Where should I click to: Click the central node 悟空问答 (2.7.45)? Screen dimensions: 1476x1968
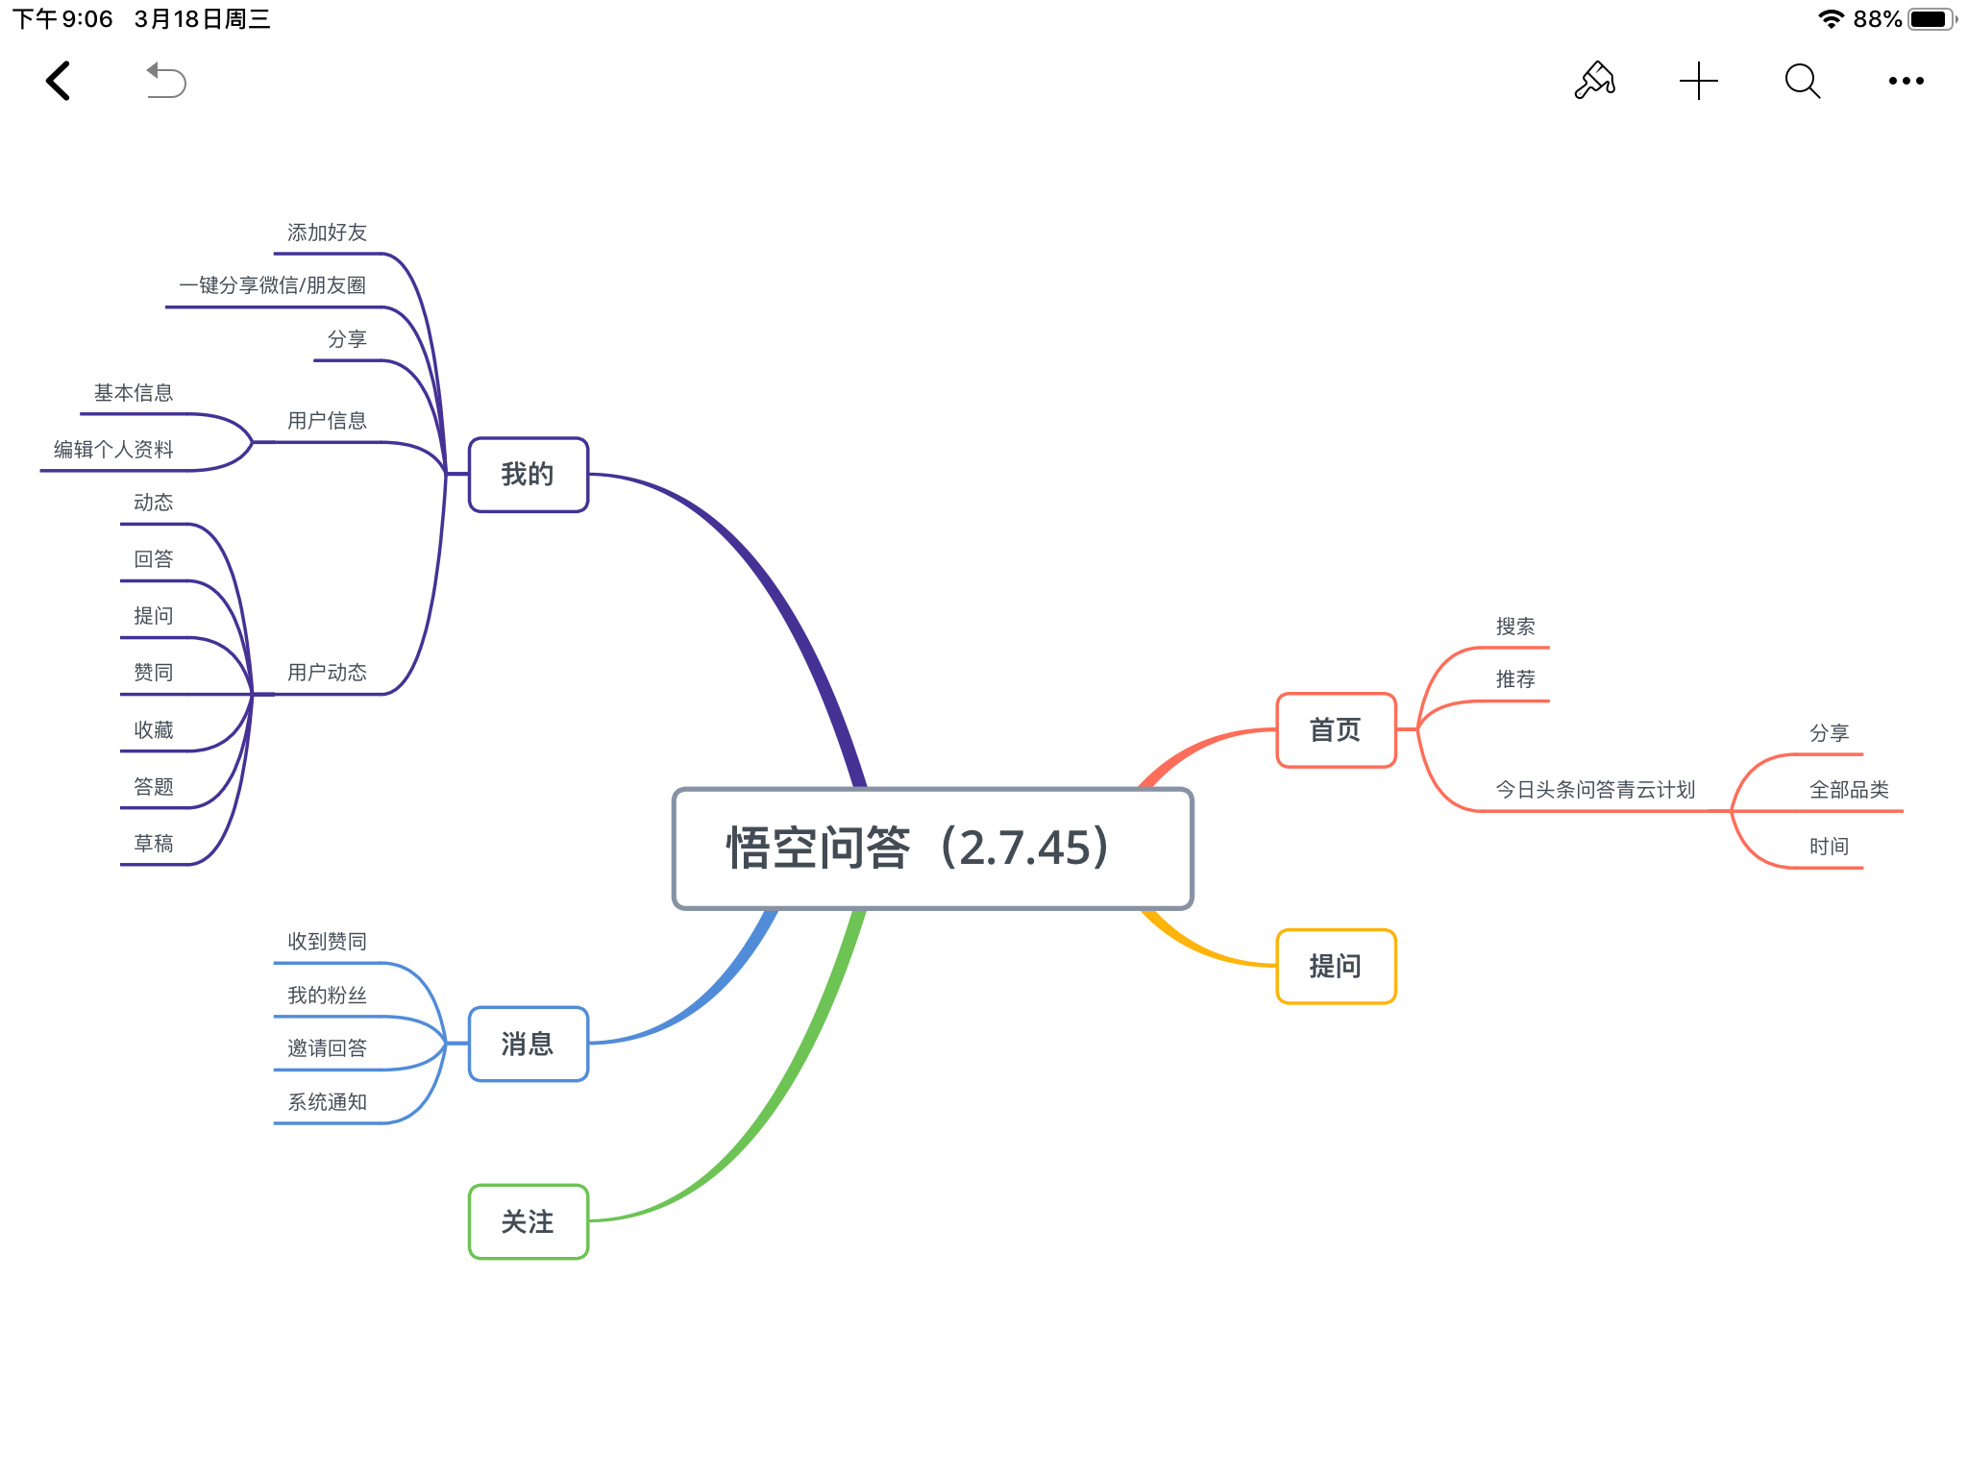[932, 849]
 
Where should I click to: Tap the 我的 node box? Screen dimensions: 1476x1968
[528, 475]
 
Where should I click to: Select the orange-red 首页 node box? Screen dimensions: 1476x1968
[1336, 730]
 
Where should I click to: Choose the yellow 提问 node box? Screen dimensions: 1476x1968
[1336, 967]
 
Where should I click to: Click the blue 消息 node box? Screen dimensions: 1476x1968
[528, 1045]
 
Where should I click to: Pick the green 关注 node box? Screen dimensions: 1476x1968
[528, 1222]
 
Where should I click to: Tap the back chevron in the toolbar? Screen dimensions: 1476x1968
[59, 81]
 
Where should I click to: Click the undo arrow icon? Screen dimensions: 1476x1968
[165, 81]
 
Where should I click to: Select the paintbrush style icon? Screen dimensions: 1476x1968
[1595, 81]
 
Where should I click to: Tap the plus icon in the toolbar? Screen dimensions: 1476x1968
[1699, 81]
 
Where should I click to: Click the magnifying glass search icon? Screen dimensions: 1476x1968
[1803, 81]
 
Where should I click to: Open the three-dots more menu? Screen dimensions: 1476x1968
[1906, 81]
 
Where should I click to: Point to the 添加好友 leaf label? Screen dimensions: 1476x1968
[327, 233]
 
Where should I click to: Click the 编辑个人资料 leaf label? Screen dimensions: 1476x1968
[113, 450]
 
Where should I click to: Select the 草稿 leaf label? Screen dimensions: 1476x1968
[154, 844]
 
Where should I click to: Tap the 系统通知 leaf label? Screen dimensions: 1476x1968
[327, 1102]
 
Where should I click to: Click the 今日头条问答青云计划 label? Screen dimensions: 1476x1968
[1595, 790]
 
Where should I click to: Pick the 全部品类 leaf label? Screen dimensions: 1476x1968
[1849, 790]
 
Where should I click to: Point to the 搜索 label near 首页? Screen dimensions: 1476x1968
[1515, 627]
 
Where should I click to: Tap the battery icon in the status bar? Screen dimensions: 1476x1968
[1931, 19]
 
